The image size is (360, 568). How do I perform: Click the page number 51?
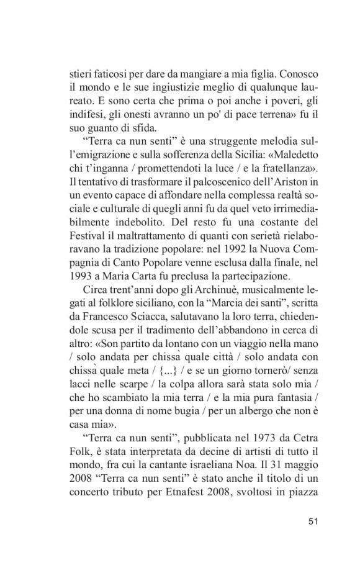[313, 521]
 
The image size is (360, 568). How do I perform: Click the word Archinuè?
[169, 291]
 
